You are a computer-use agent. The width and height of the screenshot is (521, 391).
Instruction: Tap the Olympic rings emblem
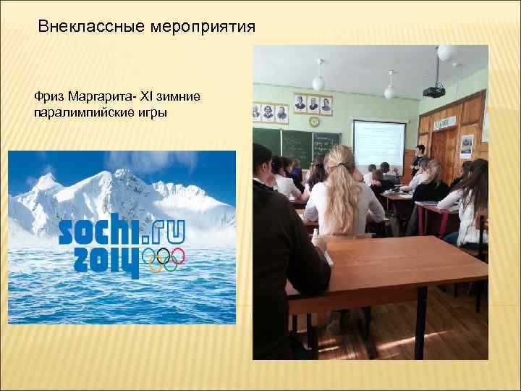click(164, 257)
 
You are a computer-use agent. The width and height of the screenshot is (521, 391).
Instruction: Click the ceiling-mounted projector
click(433, 91)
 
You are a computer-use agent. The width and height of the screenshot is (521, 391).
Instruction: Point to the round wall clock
click(314, 122)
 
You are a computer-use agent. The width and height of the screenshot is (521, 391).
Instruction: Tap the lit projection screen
click(378, 143)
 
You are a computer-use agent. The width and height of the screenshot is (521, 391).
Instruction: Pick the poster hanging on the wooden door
click(467, 146)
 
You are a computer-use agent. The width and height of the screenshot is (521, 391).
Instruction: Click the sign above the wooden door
click(440, 124)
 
